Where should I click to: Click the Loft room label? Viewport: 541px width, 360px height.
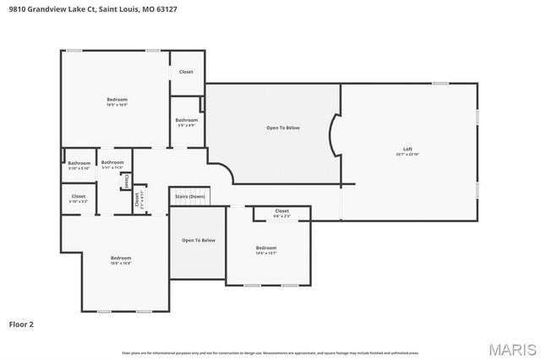pyautogui.click(x=407, y=150)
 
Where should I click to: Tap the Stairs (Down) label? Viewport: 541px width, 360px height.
pyautogui.click(x=189, y=197)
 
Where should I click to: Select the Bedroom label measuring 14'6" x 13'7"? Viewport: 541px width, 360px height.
pyautogui.click(x=266, y=248)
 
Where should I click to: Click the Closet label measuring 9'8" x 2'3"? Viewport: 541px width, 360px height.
pyautogui.click(x=282, y=211)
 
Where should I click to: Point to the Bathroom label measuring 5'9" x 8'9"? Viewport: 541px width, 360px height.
pyautogui.click(x=186, y=121)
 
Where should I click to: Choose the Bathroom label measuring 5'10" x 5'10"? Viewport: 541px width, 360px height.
pyautogui.click(x=79, y=163)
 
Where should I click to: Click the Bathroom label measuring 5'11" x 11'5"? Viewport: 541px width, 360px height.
pyautogui.click(x=112, y=163)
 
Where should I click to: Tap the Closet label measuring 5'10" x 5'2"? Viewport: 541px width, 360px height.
pyautogui.click(x=78, y=197)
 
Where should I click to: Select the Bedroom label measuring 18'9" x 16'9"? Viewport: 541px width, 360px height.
pyautogui.click(x=117, y=100)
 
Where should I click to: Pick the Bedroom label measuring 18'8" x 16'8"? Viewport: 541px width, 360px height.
pyautogui.click(x=121, y=259)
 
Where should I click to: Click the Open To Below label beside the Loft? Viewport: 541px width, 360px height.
pyautogui.click(x=283, y=128)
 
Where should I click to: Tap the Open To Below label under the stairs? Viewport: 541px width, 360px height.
pyautogui.click(x=199, y=240)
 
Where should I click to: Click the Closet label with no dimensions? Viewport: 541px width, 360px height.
pyautogui.click(x=186, y=72)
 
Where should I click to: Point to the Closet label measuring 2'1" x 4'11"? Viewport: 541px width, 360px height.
pyautogui.click(x=137, y=200)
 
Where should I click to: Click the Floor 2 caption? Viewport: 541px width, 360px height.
pyautogui.click(x=22, y=324)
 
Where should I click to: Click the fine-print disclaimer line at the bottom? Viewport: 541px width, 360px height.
pyautogui.click(x=270, y=352)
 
